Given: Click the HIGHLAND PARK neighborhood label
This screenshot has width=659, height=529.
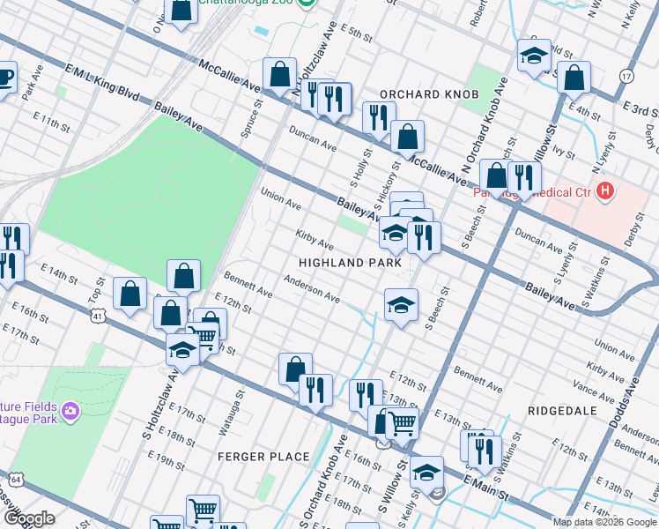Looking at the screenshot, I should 350,263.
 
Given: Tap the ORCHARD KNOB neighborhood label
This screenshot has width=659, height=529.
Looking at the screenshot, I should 429,94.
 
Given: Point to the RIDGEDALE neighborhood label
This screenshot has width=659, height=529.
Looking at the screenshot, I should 563,411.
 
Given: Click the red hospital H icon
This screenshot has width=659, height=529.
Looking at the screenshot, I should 604,190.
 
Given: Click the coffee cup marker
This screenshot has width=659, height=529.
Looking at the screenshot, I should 4,76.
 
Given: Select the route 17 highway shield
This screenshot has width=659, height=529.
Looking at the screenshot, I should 626,76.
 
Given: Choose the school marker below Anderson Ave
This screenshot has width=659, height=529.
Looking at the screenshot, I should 401,305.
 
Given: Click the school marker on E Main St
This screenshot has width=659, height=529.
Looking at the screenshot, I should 426,472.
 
